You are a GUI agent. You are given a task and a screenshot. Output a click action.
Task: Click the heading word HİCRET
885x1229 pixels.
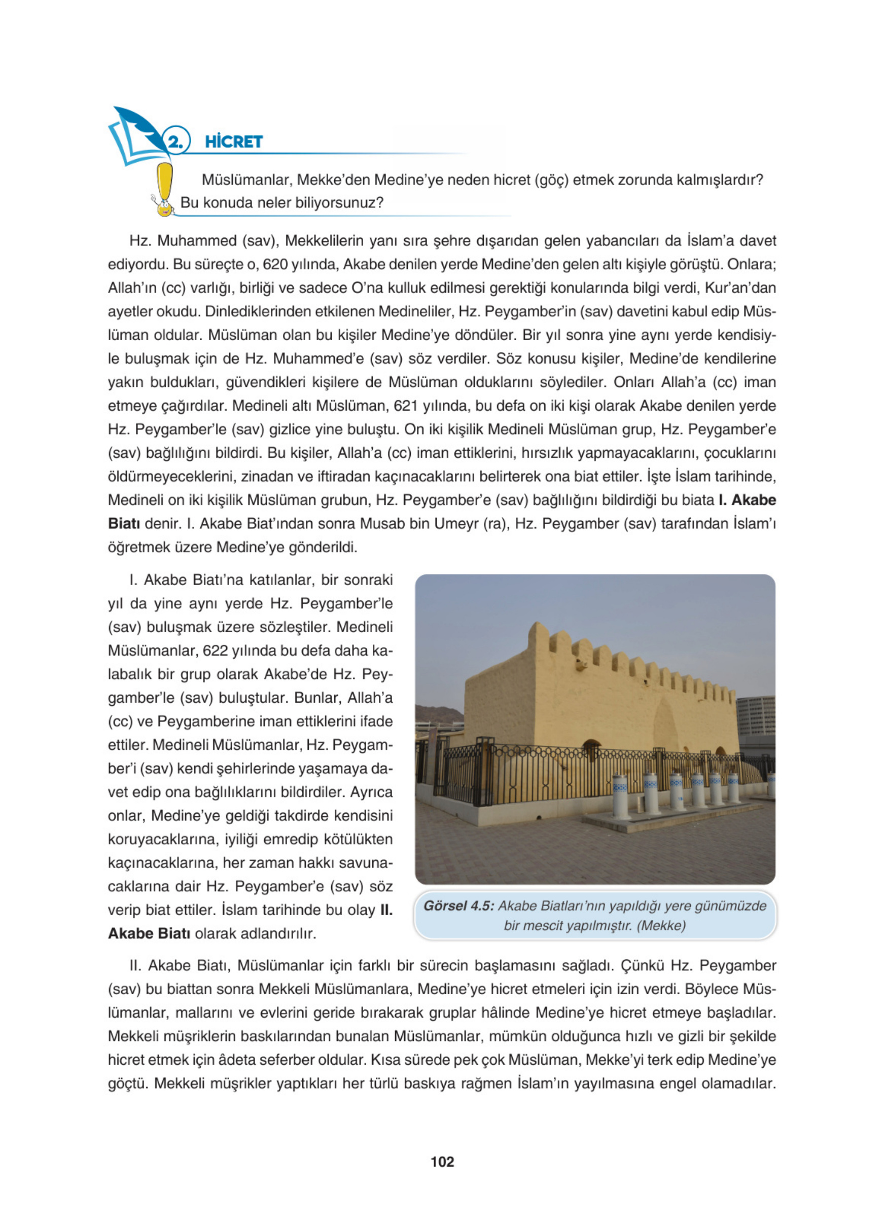click(x=234, y=142)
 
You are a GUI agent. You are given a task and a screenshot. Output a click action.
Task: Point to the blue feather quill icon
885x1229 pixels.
click(x=140, y=127)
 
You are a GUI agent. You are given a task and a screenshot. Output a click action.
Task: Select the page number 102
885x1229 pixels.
click(x=442, y=1161)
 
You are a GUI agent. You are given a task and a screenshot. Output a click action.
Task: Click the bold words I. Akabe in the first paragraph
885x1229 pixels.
click(x=747, y=500)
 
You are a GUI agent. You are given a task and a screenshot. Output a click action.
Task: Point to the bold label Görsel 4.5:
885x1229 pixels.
click(x=458, y=906)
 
